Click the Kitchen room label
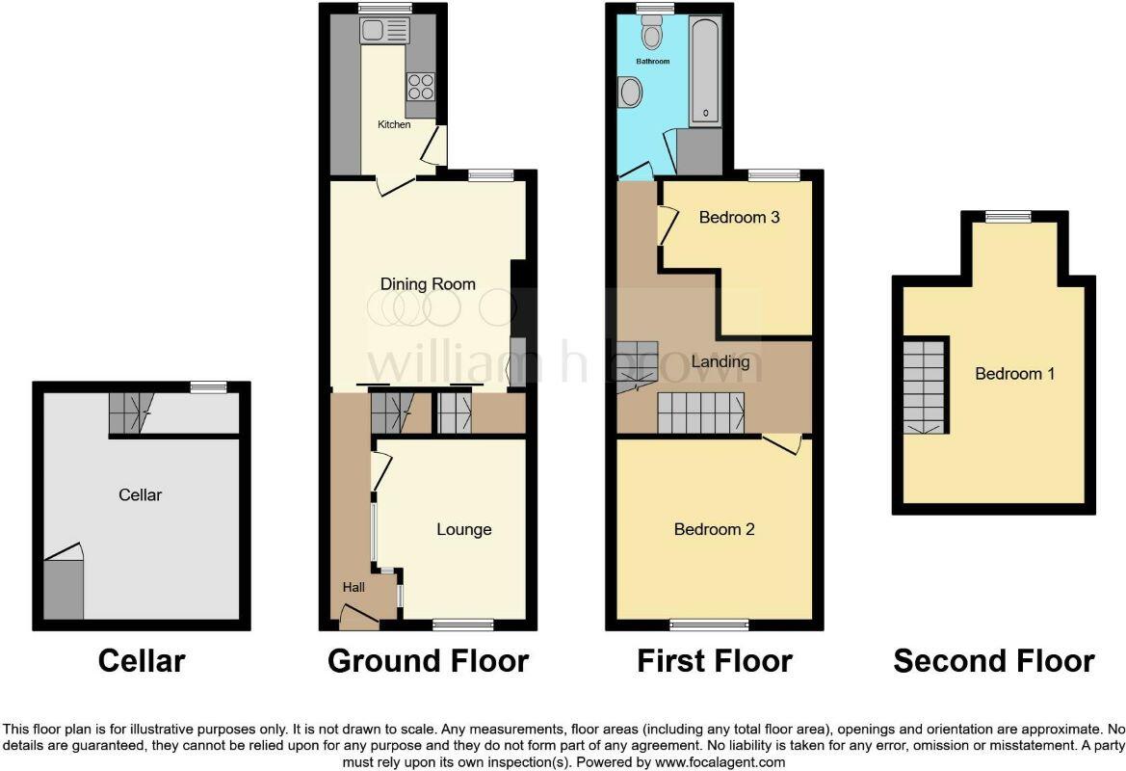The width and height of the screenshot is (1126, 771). [393, 124]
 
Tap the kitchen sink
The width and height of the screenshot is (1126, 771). [382, 31]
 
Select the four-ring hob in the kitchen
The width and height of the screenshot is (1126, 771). [421, 88]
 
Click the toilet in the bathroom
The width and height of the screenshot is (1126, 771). [652, 36]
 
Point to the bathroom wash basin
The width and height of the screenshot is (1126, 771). [631, 93]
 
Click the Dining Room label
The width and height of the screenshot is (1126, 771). [428, 283]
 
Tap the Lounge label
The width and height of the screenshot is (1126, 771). [463, 529]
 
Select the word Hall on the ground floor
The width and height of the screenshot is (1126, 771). [353, 586]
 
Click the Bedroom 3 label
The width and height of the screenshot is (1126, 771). [739, 217]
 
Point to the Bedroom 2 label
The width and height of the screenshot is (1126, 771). [714, 529]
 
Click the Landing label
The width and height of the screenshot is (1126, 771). [720, 361]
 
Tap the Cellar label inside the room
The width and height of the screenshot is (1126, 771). [140, 494]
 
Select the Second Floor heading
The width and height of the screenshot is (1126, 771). [993, 661]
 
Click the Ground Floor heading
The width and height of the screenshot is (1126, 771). [428, 661]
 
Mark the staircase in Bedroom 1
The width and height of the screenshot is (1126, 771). [926, 385]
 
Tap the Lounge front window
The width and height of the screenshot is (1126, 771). [463, 625]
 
